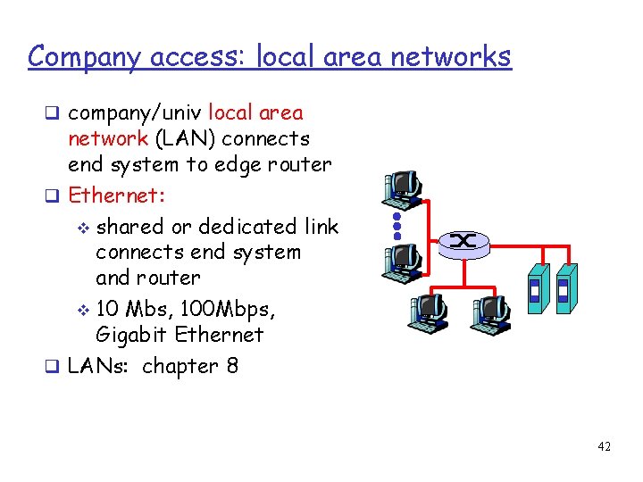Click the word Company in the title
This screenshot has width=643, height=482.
coord(81,56)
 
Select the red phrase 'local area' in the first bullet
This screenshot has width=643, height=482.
coord(255,112)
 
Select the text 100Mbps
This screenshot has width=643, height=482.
coord(229,309)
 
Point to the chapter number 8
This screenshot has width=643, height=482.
coord(232,366)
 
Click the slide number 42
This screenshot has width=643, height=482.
coord(605,446)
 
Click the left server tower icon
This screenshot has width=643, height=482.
coord(536,287)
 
